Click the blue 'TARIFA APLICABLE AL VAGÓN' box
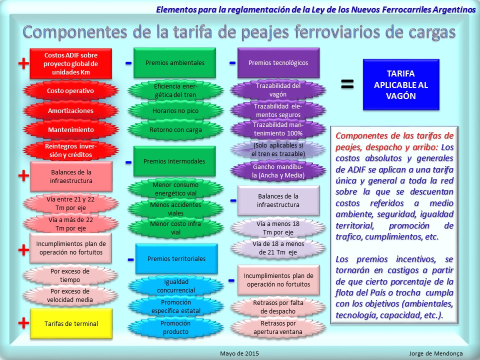tap(401, 85)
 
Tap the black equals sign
tap(347, 84)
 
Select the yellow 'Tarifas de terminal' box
tap(71, 323)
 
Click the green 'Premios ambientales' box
tap(175, 63)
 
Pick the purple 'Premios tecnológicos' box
tap(278, 63)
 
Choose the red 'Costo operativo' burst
tap(70, 90)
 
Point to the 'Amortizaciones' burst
tap(70, 110)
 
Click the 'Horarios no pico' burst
tap(175, 110)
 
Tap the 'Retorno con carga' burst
tap(175, 130)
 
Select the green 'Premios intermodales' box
tap(174, 161)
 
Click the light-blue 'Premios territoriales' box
tap(176, 258)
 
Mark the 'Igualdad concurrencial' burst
tap(176, 286)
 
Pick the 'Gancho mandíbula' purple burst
tap(278, 171)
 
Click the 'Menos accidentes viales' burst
tap(175, 209)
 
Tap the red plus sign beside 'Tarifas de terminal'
tap(23, 322)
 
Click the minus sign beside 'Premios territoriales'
tap(130, 260)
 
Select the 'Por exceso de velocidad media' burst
tap(70, 295)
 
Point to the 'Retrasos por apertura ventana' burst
tap(278, 327)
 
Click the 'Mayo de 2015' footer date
tap(239, 353)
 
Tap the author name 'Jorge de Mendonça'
tap(436, 353)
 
